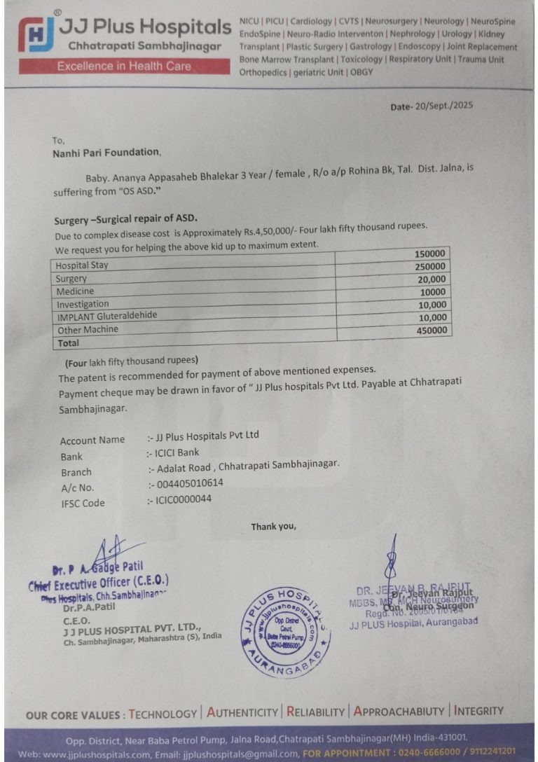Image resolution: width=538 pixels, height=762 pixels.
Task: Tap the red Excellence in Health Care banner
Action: pyautogui.click(x=124, y=67)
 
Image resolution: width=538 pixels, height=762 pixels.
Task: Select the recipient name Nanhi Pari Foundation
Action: pyautogui.click(x=106, y=151)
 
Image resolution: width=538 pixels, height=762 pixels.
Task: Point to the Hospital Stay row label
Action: pyautogui.click(x=83, y=265)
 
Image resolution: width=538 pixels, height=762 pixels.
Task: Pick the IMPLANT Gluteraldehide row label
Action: pyautogui.click(x=107, y=316)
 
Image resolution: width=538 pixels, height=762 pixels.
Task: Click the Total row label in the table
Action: pyautogui.click(x=69, y=343)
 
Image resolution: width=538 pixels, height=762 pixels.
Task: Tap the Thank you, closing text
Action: pyautogui.click(x=274, y=527)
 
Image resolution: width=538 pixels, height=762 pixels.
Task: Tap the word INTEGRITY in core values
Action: pyautogui.click(x=479, y=711)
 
